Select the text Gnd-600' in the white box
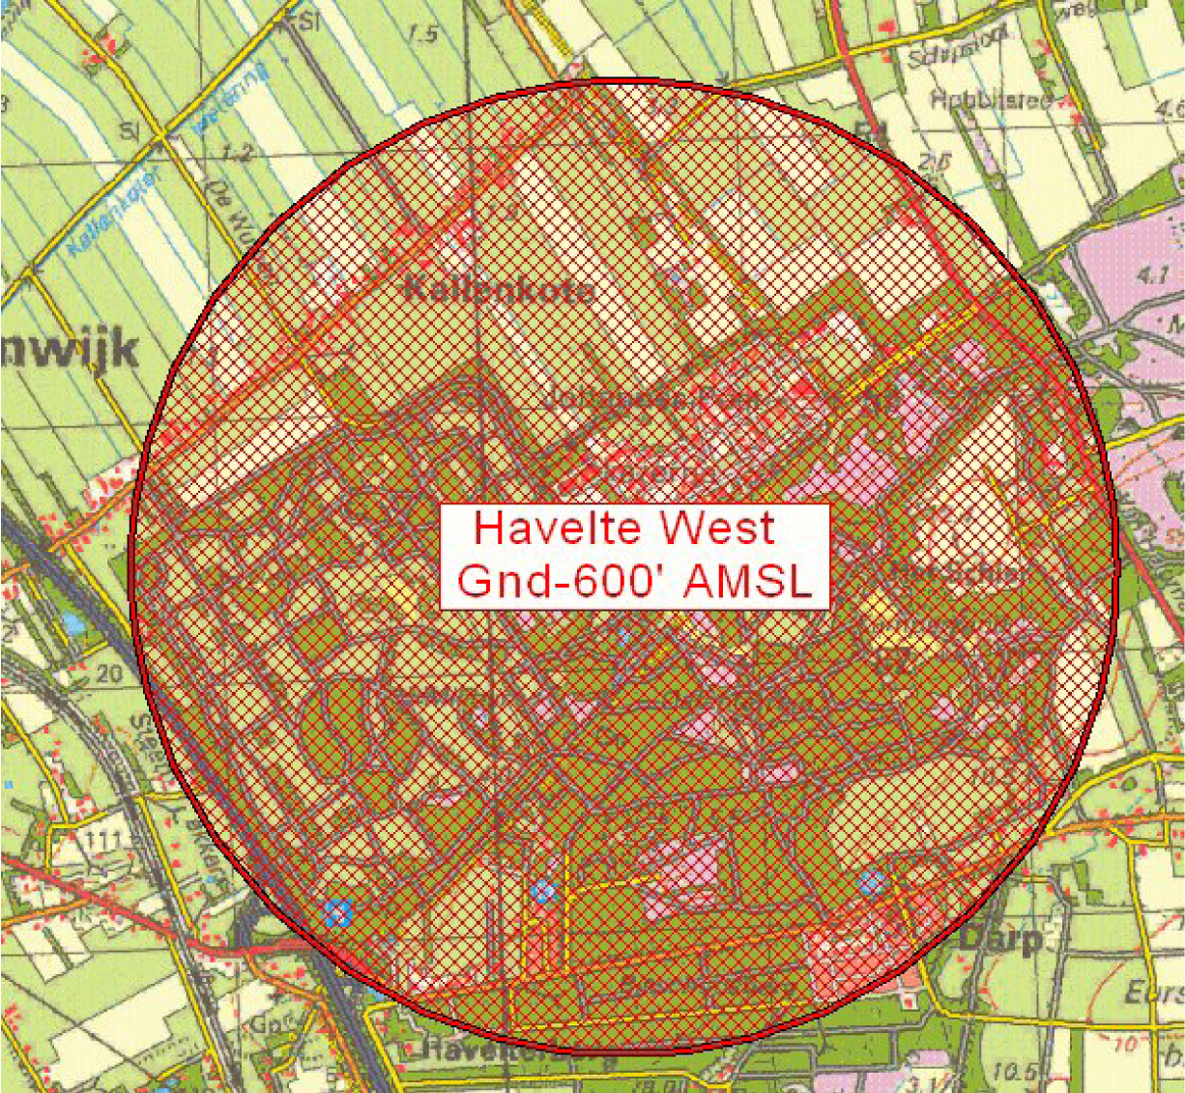coord(553,581)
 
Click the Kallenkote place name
coord(497,289)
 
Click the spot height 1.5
coord(423,34)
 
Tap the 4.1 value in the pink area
coord(1154,274)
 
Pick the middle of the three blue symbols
coord(543,891)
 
